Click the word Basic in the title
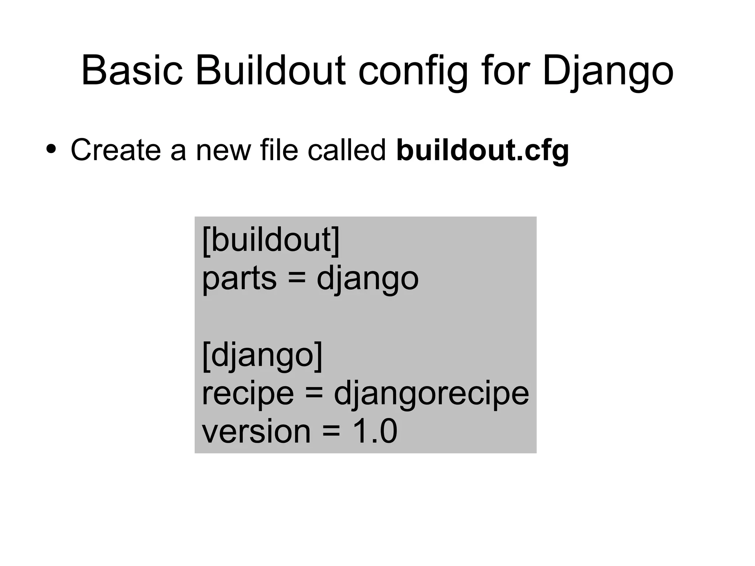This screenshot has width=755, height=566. point(132,71)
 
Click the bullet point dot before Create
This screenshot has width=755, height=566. point(51,149)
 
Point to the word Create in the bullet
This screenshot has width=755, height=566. point(115,150)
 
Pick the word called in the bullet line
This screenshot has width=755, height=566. point(347,150)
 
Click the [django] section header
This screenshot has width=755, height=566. point(262,355)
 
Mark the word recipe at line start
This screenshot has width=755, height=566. point(248,394)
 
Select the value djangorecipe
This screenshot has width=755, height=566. point(431,394)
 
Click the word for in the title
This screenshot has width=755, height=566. point(505,71)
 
